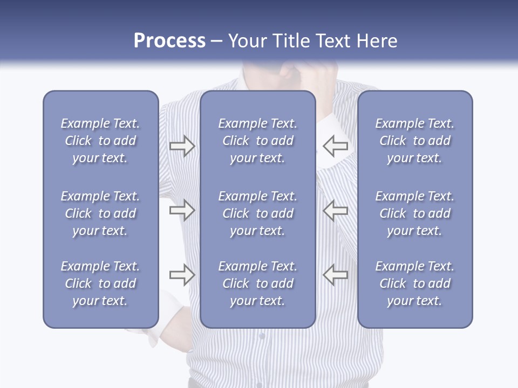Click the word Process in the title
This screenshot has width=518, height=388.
coord(169,41)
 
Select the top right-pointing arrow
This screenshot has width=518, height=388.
coord(182,146)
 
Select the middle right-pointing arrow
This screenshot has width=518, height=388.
coord(182,210)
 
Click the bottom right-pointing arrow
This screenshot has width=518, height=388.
coord(182,275)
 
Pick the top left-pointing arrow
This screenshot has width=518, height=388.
coord(335,145)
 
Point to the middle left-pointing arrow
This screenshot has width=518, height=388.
coord(335,210)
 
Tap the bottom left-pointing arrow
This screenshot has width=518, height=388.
coord(335,274)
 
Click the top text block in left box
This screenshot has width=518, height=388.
coord(100,141)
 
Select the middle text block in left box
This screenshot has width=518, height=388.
coord(100,213)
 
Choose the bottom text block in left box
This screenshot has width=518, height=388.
coord(100,283)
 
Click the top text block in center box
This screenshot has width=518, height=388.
coord(257,141)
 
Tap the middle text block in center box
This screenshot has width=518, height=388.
coord(257,213)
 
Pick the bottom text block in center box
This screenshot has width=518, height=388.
coord(257,283)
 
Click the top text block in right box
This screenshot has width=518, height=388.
coord(414,141)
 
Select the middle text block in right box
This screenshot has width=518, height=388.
coord(414,213)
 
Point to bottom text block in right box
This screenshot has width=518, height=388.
coord(414,283)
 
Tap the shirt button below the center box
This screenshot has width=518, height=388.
coord(262,336)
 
